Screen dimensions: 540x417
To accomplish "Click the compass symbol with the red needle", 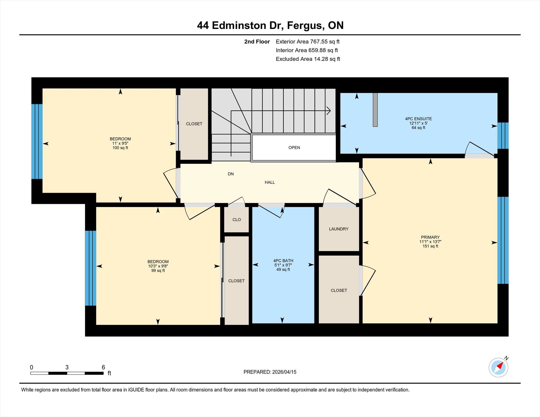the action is tap(498, 367).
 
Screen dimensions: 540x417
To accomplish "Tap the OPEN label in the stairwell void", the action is tap(294, 148).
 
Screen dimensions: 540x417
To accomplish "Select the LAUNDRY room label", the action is tap(339, 229).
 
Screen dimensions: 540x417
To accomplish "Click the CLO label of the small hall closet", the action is tap(237, 220).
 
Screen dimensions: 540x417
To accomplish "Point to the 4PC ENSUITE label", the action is tap(418, 119).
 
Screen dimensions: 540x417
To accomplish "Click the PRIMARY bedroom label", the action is tap(430, 237).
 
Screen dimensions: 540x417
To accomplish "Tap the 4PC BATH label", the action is tap(283, 261).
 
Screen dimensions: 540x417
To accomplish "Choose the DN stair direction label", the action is tap(231, 174).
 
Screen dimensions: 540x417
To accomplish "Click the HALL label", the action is tap(270, 182).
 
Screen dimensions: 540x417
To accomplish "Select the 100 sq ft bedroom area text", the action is tap(120, 148).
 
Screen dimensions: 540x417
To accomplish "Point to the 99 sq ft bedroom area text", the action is tap(158, 271).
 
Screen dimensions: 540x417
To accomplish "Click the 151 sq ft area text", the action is tap(430, 246).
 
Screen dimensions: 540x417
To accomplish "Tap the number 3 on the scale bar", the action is tap(67, 367).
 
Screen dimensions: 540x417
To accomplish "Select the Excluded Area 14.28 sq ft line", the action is tap(308, 59).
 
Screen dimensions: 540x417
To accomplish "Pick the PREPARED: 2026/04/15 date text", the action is tap(270, 372).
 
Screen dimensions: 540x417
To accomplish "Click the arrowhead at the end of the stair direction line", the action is tap(329, 111).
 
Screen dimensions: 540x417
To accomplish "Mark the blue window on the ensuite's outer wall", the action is tap(503, 136).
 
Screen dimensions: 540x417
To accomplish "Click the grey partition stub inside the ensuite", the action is tap(375, 110).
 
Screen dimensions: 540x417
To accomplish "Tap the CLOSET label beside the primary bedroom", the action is tap(339, 290).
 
